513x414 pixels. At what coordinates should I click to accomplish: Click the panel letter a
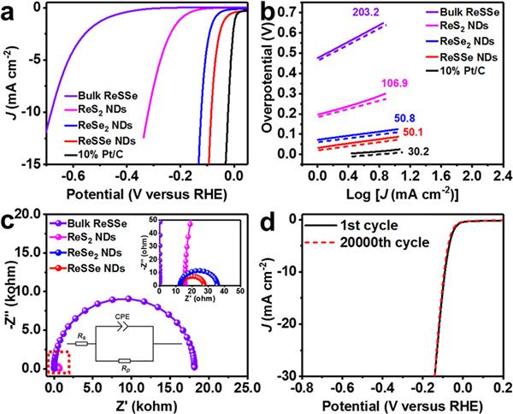coord(9,12)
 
